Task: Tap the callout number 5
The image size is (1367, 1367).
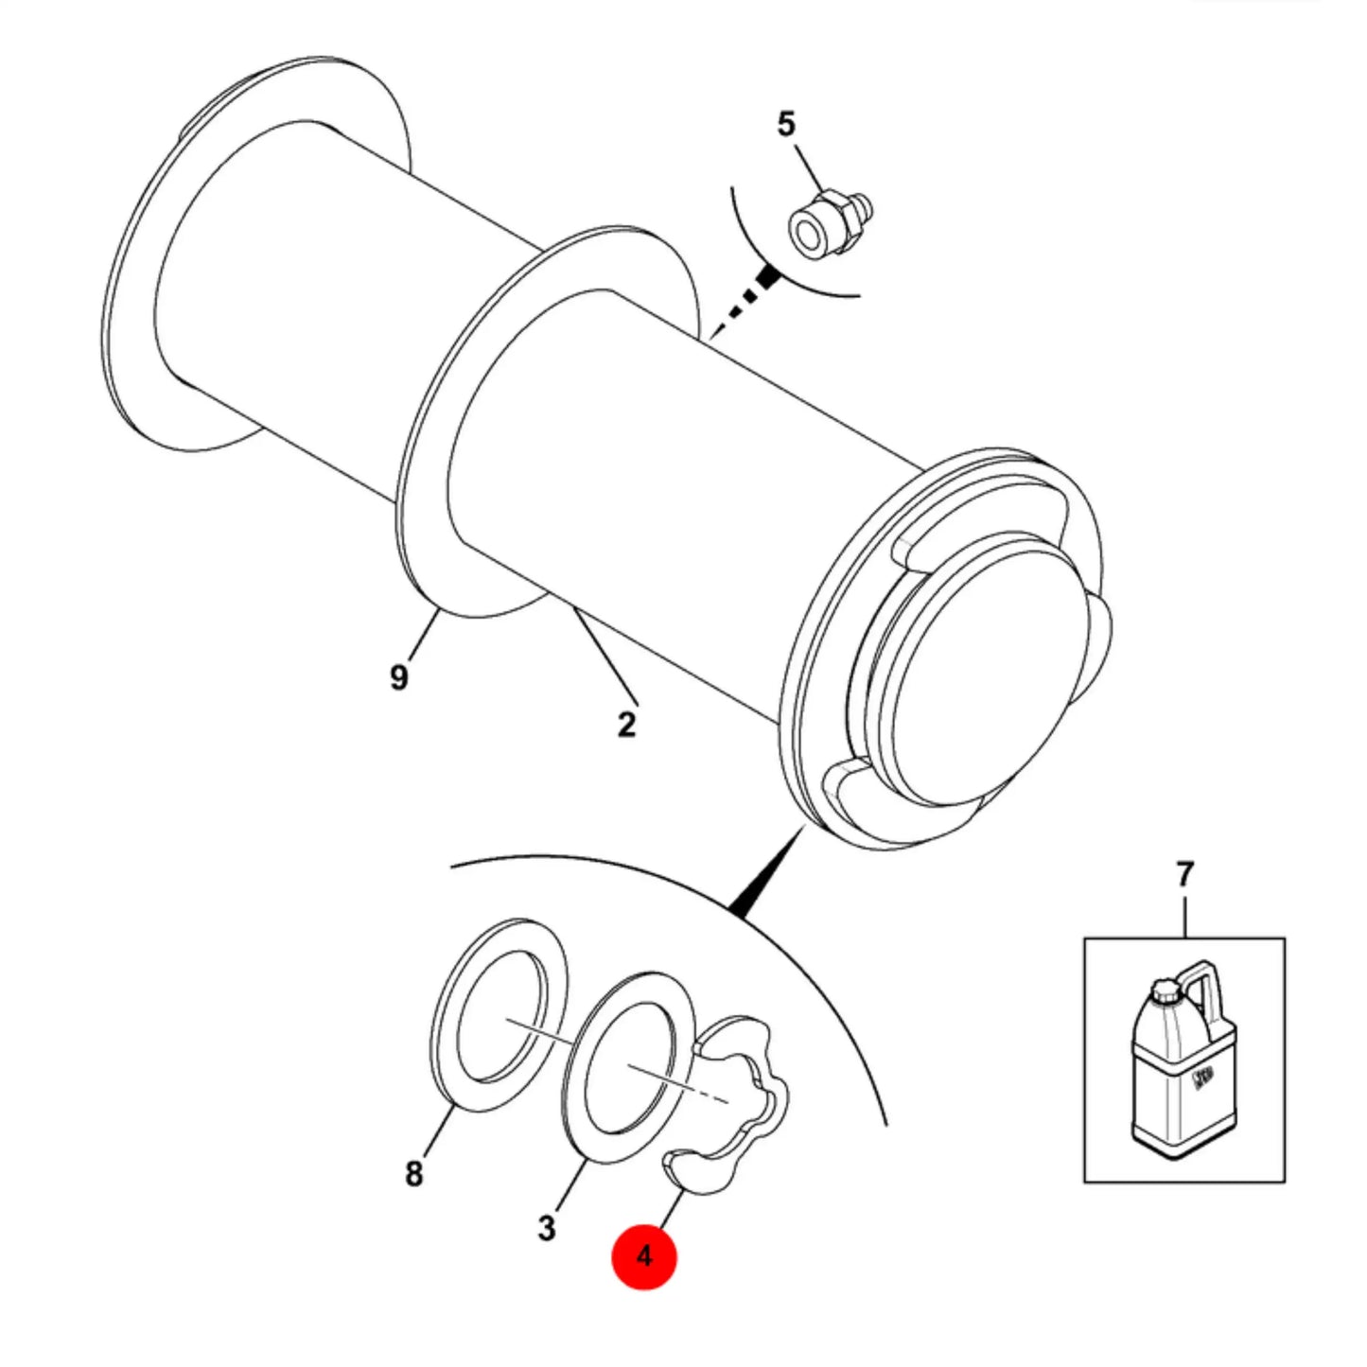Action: pos(786,124)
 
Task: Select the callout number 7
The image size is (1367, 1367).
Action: pos(1184,875)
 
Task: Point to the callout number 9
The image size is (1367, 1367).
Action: pos(399,676)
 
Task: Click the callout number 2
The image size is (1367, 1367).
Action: pos(626,725)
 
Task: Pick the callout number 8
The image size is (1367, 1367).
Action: pos(413,1173)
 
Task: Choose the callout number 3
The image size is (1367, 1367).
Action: pos(546,1228)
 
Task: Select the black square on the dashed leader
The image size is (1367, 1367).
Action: pos(767,274)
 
